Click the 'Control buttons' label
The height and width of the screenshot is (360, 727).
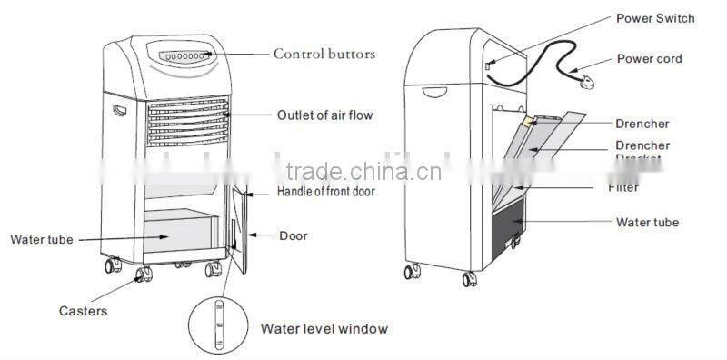(x=324, y=55)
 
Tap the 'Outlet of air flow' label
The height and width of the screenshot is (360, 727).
(x=324, y=115)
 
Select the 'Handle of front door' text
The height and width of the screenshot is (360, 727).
(x=325, y=192)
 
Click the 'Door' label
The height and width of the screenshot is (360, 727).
(x=293, y=236)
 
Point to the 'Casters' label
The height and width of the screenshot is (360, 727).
(x=85, y=311)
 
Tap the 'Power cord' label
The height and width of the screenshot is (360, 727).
(x=649, y=59)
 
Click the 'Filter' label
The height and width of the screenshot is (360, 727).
(x=622, y=187)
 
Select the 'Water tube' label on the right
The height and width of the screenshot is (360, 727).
(x=647, y=223)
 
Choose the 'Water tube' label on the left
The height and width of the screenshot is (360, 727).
(x=41, y=240)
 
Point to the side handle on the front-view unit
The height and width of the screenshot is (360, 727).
(x=119, y=113)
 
